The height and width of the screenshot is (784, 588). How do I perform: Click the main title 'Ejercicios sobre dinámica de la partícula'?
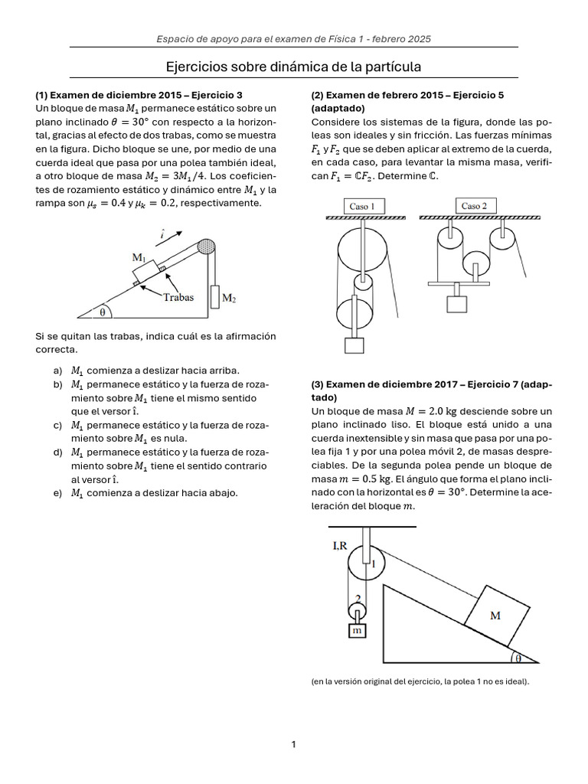(x=294, y=67)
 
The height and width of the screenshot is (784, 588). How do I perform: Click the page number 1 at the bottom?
(x=293, y=743)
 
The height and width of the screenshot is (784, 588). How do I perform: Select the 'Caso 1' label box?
(x=362, y=206)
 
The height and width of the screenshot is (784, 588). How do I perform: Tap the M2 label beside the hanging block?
(x=230, y=296)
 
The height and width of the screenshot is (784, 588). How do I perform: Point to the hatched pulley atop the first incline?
(x=207, y=247)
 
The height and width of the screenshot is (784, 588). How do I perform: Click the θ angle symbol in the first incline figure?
(x=101, y=311)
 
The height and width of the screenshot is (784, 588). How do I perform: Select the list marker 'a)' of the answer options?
(x=58, y=371)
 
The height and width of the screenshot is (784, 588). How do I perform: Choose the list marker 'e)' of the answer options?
(x=58, y=493)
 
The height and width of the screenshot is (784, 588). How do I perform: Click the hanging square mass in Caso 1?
(x=354, y=345)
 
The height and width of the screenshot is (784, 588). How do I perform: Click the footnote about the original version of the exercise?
(x=420, y=681)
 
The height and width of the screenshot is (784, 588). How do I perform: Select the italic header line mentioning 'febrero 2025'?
(x=294, y=38)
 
